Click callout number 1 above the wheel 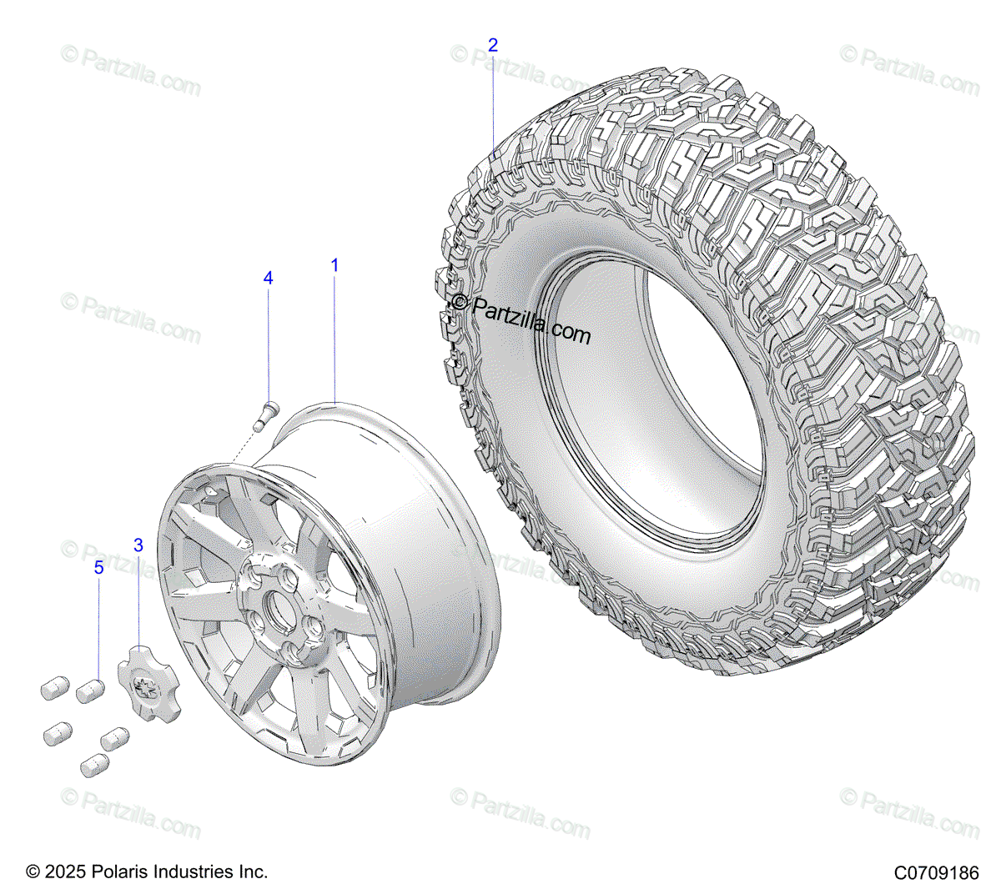pos(335,266)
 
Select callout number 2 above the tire pos(493,45)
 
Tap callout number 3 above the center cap pos(138,545)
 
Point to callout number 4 pos(268,278)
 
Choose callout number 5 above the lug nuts pos(98,568)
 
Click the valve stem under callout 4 pos(265,414)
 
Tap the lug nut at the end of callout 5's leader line pos(89,691)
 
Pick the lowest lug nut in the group pos(94,765)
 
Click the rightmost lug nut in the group pos(114,738)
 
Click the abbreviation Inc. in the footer pos(254,872)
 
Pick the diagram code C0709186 pos(936,873)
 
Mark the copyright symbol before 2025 pos(33,872)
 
